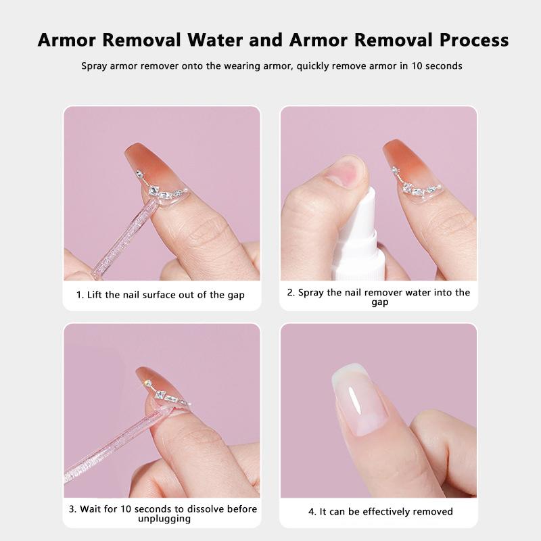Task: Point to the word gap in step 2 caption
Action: coord(379,303)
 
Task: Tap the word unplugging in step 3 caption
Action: coord(162,519)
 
